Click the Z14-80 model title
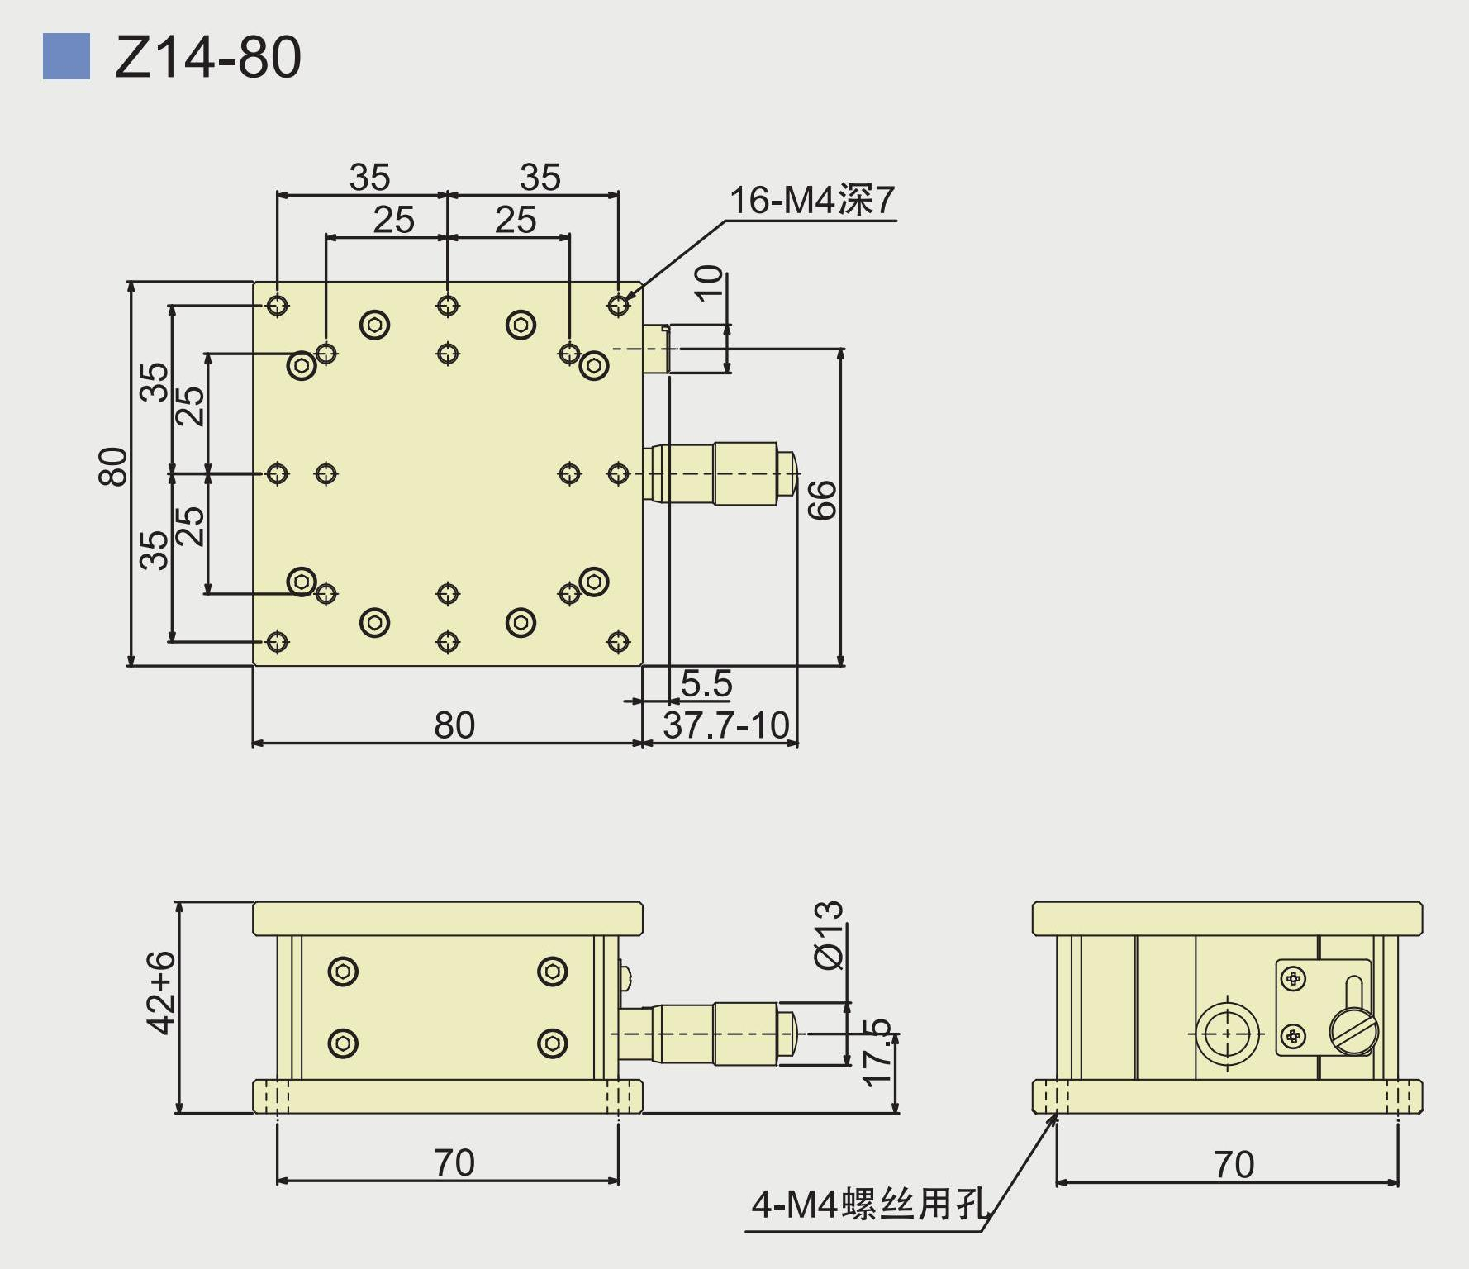click(208, 57)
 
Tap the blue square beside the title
click(66, 56)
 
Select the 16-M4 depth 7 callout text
click(812, 200)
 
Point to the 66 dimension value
click(823, 500)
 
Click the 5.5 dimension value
click(706, 683)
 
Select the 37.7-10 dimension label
click(726, 725)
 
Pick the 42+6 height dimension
click(161, 991)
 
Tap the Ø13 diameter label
click(829, 934)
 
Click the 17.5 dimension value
click(877, 1053)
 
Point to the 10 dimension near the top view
click(709, 283)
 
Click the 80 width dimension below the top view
click(454, 725)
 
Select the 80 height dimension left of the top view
click(113, 466)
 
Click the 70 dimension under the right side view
click(1234, 1164)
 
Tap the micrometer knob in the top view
click(744, 473)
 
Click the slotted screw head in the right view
click(1353, 1031)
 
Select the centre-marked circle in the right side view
click(1228, 1034)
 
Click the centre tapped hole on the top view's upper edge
click(448, 306)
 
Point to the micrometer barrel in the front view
click(744, 1034)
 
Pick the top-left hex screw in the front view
click(343, 972)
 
